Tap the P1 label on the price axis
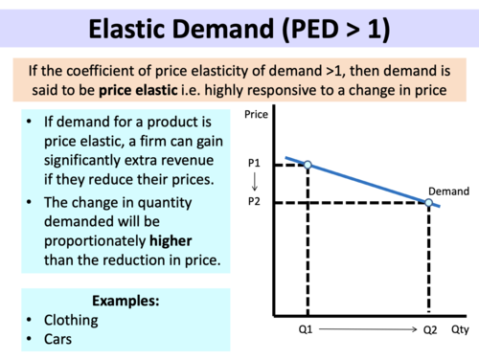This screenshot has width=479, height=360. (254, 165)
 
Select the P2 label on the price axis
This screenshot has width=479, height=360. (254, 202)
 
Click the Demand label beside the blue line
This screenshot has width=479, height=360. (447, 191)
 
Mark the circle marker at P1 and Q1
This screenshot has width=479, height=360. (307, 165)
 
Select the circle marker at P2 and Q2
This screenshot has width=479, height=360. (428, 202)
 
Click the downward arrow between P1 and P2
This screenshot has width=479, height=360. (254, 183)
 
